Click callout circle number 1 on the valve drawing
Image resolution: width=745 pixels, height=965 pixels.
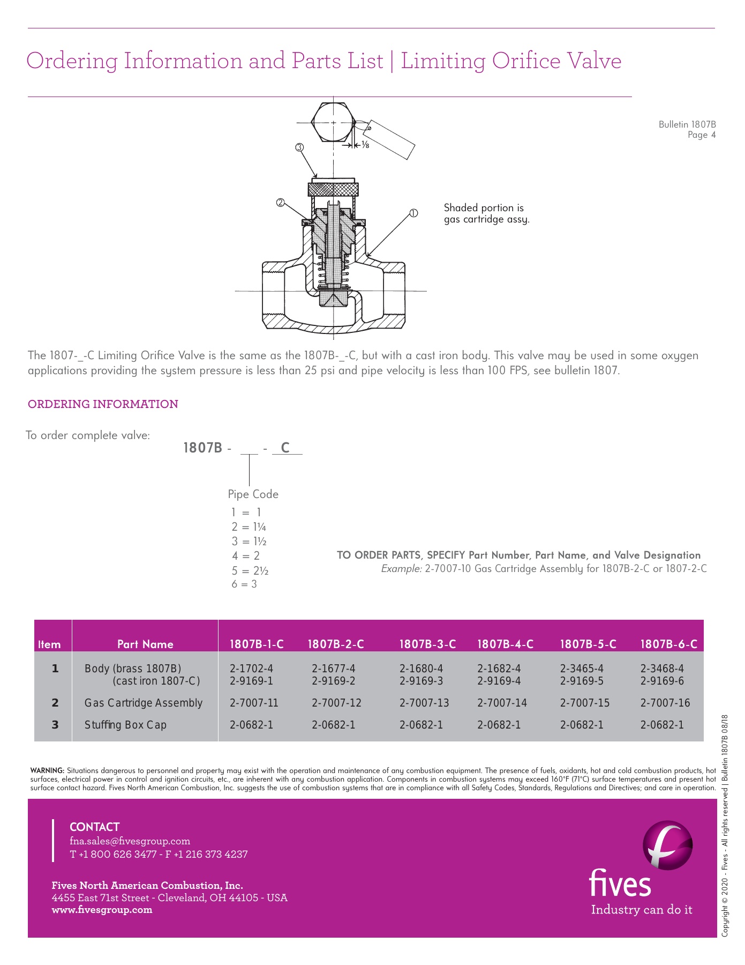click(413, 213)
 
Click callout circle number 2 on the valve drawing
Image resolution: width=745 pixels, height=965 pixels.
click(280, 203)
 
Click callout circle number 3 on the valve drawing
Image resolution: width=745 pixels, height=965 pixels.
click(299, 147)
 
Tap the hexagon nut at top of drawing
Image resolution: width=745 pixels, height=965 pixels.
click(333, 123)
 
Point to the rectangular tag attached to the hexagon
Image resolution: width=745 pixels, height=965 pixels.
click(391, 139)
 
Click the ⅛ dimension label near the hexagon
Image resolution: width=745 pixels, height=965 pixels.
click(365, 145)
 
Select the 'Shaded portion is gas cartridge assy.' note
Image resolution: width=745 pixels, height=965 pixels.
click(486, 213)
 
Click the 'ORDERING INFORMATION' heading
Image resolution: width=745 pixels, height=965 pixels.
click(103, 404)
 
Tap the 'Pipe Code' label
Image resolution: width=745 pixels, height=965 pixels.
click(253, 494)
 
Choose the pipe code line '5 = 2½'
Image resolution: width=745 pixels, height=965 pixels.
click(250, 570)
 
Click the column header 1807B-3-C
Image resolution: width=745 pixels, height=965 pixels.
click(427, 644)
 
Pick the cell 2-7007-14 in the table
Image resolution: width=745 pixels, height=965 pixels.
click(502, 703)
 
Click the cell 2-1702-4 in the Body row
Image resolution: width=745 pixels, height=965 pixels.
click(251, 669)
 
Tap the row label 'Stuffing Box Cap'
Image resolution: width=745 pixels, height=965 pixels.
click(125, 725)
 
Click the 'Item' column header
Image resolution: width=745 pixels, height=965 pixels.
click(49, 644)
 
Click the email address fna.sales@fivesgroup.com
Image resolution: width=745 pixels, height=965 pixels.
click(130, 841)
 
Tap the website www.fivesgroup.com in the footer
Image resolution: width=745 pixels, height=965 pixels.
click(102, 910)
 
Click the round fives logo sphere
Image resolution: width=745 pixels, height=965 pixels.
click(667, 845)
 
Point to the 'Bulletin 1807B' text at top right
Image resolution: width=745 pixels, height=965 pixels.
click(687, 124)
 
